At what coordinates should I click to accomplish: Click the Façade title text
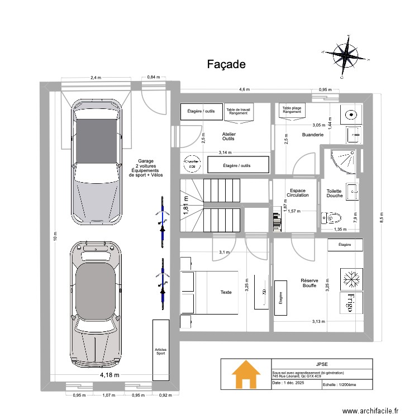tap(226, 64)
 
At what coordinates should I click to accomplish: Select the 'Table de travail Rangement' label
tap(239, 112)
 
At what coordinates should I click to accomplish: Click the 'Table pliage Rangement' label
tap(292, 110)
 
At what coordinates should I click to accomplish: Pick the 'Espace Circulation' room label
tap(298, 193)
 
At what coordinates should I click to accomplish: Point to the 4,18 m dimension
tap(109, 375)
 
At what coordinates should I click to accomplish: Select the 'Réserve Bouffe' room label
tap(308, 283)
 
